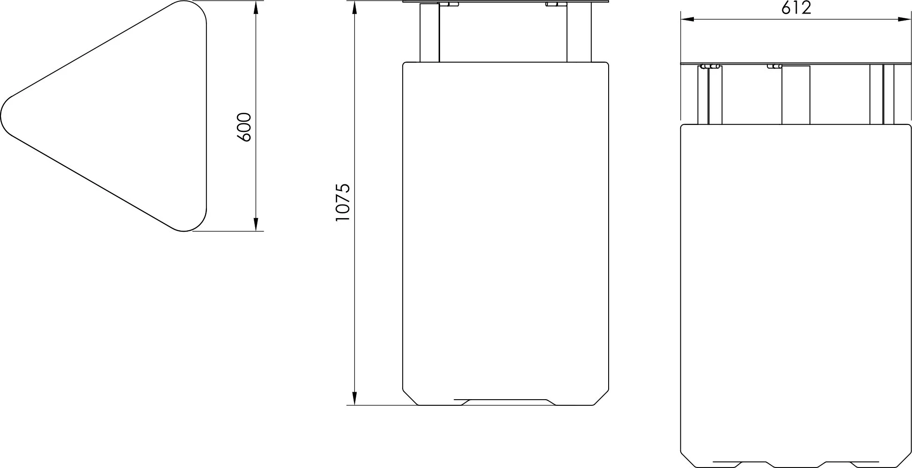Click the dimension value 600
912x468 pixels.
[244, 127]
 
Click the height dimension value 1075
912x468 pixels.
[343, 202]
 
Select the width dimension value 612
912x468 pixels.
[796, 8]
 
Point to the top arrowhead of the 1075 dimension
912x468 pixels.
[355, 8]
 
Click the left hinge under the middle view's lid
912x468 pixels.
[449, 5]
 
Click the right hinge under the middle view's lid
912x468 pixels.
[555, 5]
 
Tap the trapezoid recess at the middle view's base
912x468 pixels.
[506, 402]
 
